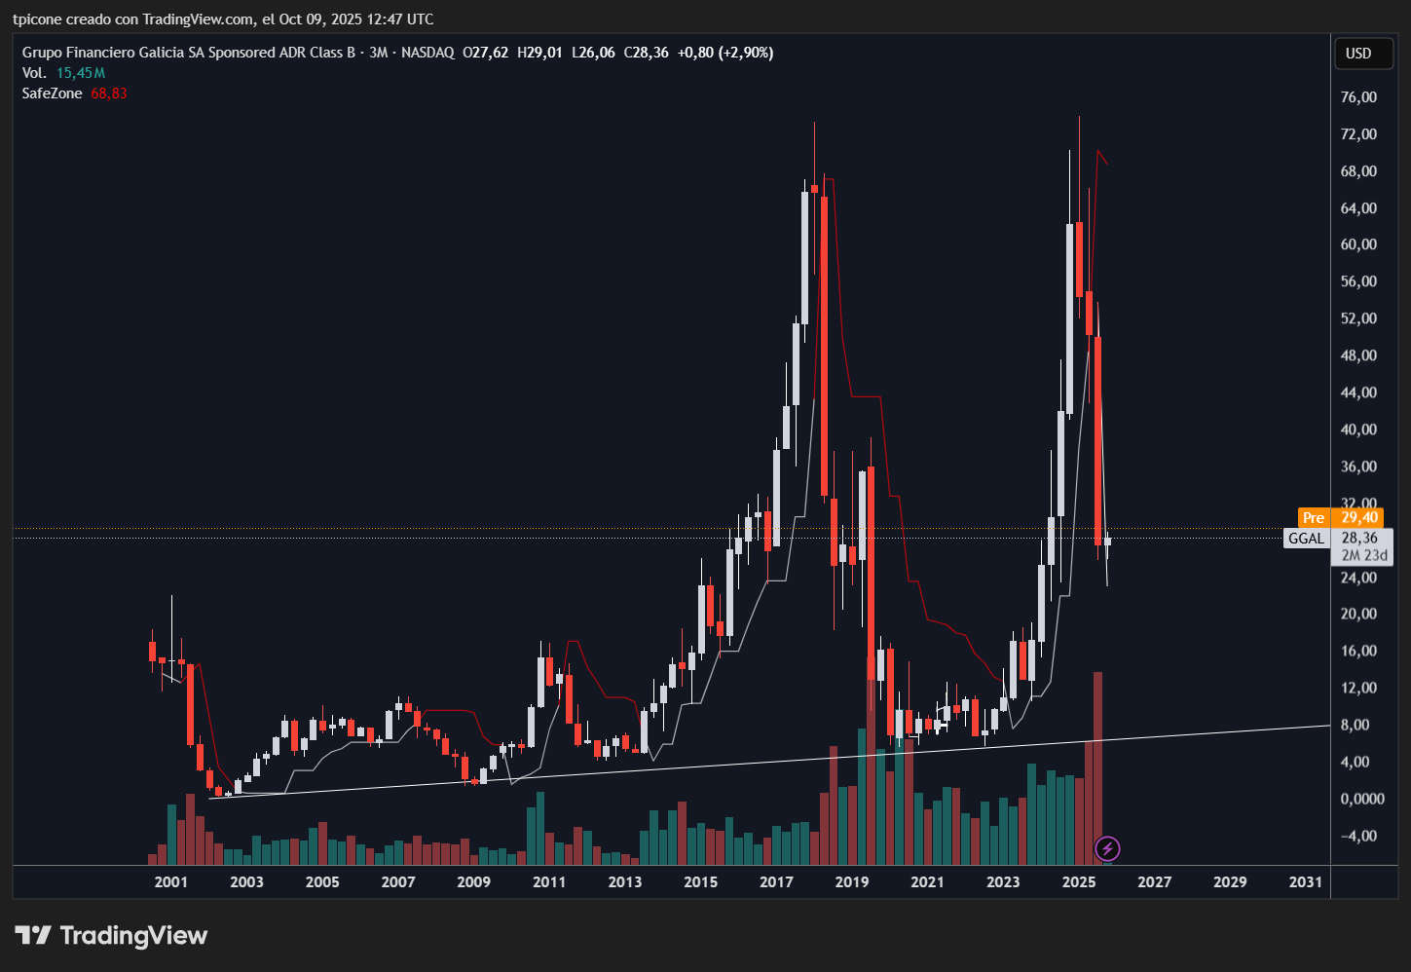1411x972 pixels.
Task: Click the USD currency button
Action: pos(1358,54)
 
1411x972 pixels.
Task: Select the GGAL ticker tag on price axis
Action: pos(1306,539)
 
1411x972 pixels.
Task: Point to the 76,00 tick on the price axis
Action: pos(1358,97)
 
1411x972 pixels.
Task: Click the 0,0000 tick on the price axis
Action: pos(1362,799)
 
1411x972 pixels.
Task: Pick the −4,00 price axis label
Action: pos(1358,836)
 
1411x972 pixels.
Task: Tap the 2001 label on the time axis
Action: pos(171,882)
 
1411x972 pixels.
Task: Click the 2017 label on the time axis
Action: pos(776,882)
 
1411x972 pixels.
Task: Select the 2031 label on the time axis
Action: pos(1306,882)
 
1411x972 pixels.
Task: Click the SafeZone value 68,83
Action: pos(109,93)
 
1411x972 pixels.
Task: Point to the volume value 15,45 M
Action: pos(81,73)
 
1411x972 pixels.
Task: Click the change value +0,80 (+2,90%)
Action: pos(725,53)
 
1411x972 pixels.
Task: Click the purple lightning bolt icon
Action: pos(1107,849)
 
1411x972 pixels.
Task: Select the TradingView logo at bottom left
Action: pos(111,936)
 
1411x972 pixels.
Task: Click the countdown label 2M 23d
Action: pos(1364,556)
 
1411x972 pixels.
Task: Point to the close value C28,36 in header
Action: pos(646,53)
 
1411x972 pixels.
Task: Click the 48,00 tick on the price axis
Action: pos(1358,355)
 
